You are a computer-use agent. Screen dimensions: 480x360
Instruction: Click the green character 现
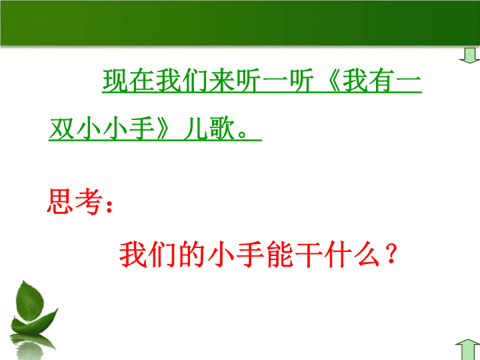(115, 80)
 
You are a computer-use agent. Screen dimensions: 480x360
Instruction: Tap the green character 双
(62, 128)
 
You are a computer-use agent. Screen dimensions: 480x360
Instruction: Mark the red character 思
(60, 201)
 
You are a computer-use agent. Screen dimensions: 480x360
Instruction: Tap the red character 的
(191, 255)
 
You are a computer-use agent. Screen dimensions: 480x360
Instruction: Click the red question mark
(391, 254)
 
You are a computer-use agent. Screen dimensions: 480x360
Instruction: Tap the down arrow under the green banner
(469, 55)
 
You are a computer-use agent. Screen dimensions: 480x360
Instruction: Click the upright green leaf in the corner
(30, 301)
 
